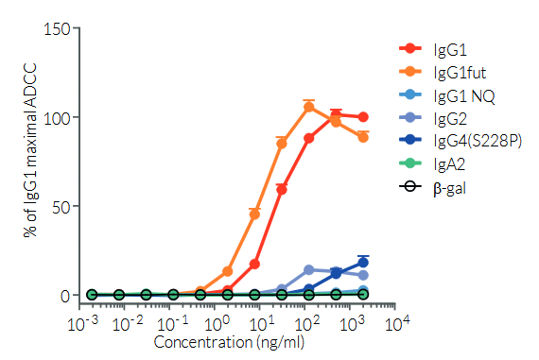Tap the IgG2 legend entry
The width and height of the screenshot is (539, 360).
[x=449, y=118]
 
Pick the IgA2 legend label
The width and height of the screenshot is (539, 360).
[x=449, y=164]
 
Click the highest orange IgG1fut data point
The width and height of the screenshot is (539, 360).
[x=309, y=107]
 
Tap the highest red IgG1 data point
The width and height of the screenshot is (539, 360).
[x=336, y=115]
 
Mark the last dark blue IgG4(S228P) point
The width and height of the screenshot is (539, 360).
[x=363, y=263]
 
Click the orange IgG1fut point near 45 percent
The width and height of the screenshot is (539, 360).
[x=254, y=214]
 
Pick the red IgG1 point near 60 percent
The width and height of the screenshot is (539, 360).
[x=282, y=189]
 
